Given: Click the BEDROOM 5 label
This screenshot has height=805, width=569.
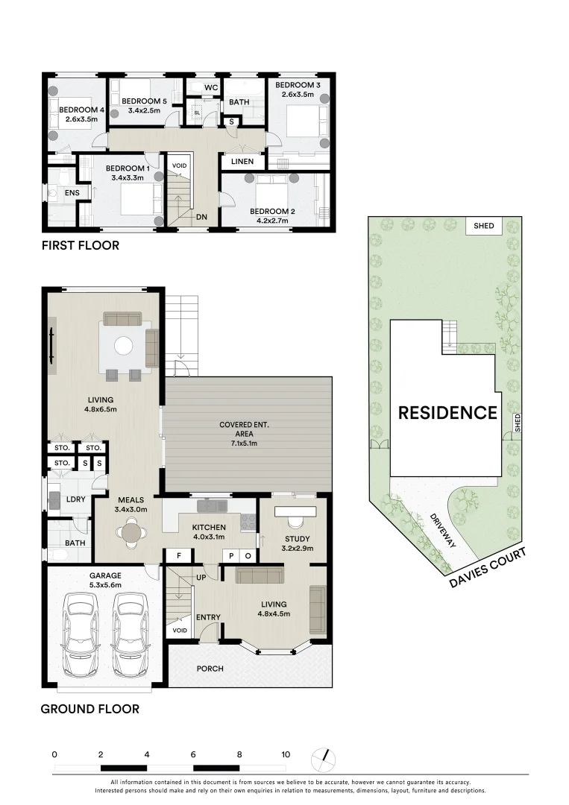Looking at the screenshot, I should click(144, 101).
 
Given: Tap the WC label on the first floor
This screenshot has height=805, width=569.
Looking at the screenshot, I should click(210, 88).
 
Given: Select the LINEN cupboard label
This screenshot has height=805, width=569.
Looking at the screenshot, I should click(242, 161).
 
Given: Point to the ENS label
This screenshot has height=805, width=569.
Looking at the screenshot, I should click(72, 193).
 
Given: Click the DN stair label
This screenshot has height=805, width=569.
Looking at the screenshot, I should click(201, 217).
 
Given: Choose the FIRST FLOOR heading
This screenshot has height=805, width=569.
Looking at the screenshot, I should click(80, 245).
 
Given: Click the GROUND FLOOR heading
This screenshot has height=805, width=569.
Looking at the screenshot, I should click(89, 709).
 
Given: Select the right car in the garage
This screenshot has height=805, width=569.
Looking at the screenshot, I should click(130, 634).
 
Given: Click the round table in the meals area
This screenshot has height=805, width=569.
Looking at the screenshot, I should click(131, 533).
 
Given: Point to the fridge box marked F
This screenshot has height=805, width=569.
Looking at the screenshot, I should click(178, 555).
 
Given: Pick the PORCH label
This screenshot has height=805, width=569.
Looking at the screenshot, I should click(210, 669).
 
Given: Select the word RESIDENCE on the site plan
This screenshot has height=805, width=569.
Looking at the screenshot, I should click(447, 413).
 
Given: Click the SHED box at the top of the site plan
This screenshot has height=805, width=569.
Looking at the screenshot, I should click(485, 226).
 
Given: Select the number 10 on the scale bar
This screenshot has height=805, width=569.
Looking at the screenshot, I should click(286, 754).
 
